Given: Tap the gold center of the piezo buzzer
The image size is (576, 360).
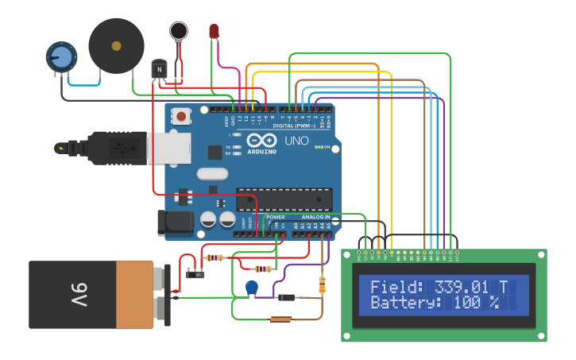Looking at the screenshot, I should coord(117,46).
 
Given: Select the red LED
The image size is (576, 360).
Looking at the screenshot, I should coord(214,31).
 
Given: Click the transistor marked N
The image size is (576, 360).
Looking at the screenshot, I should coord(160,69).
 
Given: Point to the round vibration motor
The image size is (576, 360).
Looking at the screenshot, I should coord(179,31).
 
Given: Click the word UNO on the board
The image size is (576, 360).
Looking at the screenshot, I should coord(296,141).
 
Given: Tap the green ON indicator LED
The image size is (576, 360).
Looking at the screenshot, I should coord(319,147).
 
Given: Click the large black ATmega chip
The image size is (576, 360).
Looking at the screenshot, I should coord(284,199).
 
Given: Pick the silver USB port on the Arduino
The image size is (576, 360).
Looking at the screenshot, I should coord(168,147).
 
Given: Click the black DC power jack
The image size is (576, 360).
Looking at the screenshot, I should coord(176,223).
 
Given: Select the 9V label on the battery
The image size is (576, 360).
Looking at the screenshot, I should coord(79,295).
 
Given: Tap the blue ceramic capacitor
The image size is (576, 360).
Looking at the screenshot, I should coord(252,288).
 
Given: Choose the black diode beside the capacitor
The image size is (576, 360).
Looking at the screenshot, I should coord(286,297).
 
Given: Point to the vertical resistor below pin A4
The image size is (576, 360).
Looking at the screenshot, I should coord(322,285).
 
